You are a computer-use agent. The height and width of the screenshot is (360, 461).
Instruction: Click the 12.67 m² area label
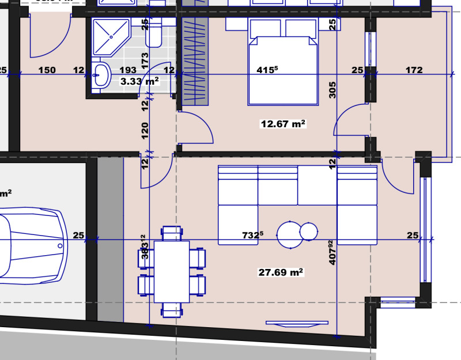(283, 124)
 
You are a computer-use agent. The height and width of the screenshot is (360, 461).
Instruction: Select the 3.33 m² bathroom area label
(139, 82)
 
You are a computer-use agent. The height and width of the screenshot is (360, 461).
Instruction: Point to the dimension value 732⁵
(252, 235)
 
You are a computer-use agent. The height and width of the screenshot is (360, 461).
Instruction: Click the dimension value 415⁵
(267, 70)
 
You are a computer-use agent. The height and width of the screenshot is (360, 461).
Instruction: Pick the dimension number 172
(414, 70)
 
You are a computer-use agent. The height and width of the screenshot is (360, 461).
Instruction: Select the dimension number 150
(47, 70)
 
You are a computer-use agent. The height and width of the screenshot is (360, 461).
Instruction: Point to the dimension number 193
(128, 70)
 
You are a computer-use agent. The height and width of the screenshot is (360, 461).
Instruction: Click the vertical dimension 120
(145, 131)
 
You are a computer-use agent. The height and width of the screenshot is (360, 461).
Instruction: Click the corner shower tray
(110, 35)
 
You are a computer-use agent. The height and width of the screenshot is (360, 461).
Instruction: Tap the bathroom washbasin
(102, 74)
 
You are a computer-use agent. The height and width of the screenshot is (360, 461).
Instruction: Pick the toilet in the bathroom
(154, 34)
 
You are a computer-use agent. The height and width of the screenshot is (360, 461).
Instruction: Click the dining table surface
(172, 271)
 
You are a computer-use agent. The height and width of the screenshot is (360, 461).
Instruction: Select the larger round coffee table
(290, 234)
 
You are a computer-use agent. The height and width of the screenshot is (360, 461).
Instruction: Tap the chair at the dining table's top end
(172, 233)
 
